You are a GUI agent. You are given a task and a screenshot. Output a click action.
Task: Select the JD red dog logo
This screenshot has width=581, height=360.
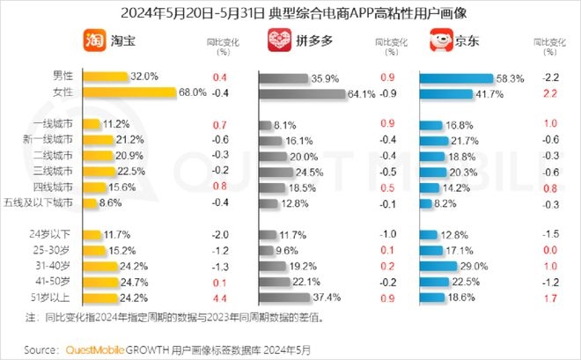tap(436, 41)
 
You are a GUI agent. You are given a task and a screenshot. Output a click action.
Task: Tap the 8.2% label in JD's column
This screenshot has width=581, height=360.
tap(448, 203)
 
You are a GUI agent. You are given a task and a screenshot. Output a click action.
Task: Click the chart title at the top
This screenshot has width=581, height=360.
tap(290, 12)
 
